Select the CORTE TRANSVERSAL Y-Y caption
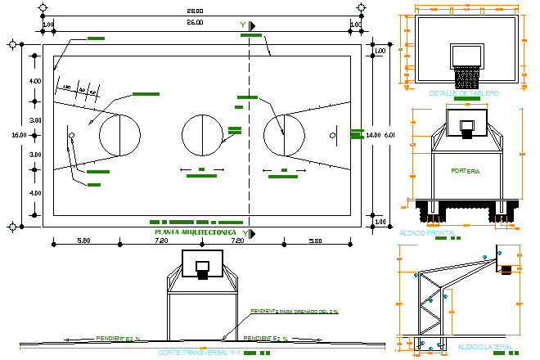pos(200,353)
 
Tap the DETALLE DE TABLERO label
pos(463,93)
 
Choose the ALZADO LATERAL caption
pos(484,347)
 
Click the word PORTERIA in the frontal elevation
pos(466,171)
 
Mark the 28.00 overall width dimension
pos(195,11)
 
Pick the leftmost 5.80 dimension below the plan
pos(83,241)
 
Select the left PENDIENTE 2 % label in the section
pos(118,338)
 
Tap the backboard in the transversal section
pos(201,264)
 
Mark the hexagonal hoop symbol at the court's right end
pos(331,135)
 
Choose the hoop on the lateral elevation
pos(506,269)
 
